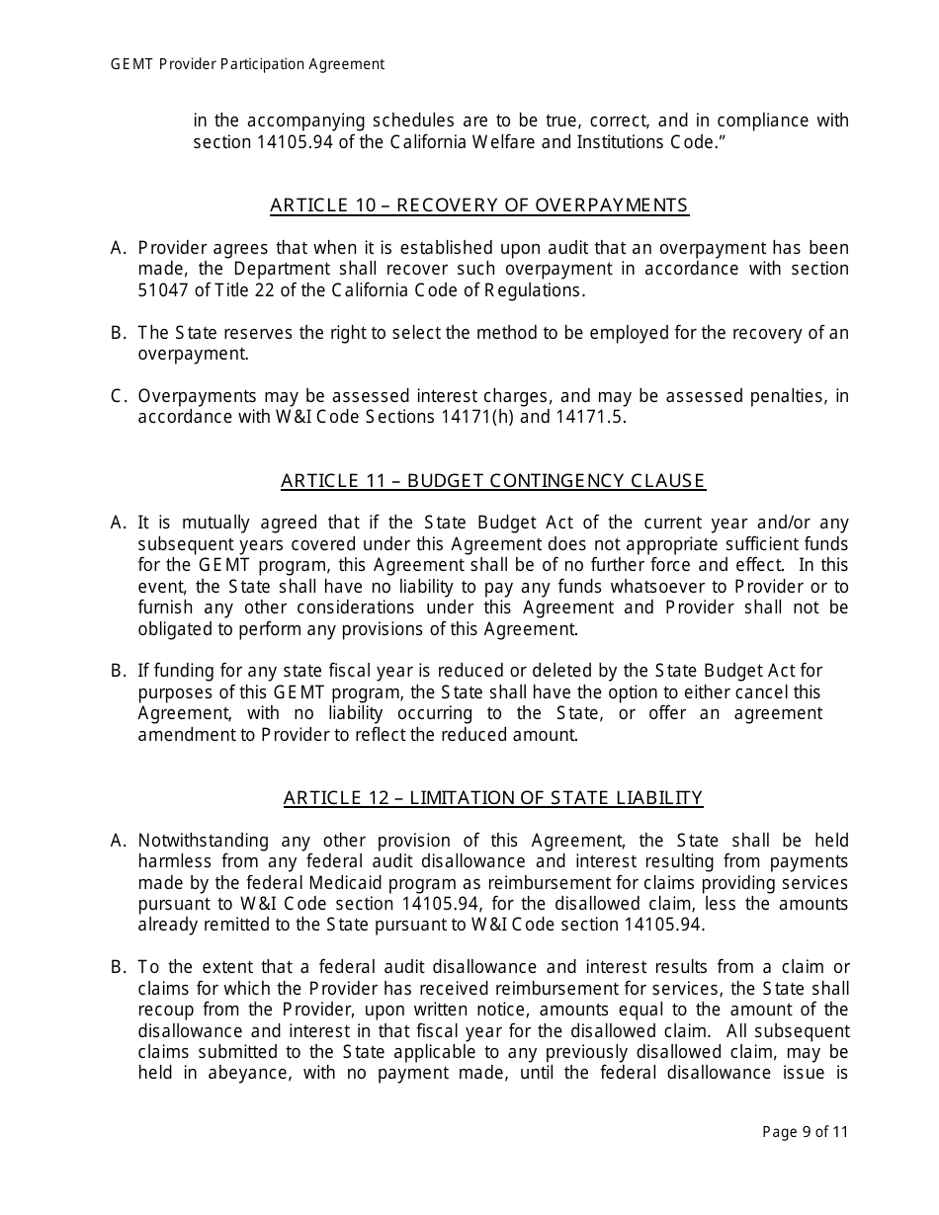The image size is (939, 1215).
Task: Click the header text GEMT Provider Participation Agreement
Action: [247, 64]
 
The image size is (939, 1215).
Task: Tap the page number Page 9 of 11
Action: [805, 1132]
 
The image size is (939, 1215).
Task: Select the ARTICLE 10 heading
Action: [478, 205]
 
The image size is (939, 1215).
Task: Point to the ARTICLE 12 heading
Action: [492, 798]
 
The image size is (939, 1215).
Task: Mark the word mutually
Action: [212, 524]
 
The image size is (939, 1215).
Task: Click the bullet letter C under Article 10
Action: [118, 396]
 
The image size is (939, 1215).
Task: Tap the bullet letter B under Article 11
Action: [118, 672]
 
